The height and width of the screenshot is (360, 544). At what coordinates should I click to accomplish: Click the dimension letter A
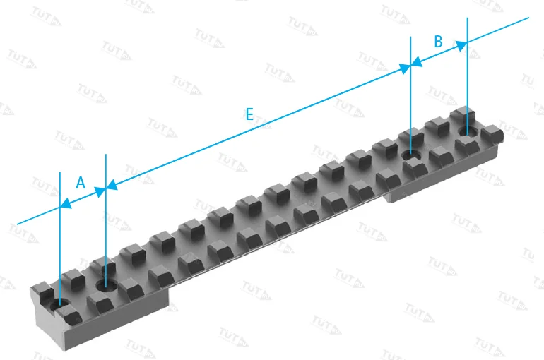(x=81, y=182)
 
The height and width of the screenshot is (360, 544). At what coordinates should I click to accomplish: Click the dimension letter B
(x=438, y=41)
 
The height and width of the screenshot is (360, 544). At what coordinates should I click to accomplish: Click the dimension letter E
(x=249, y=114)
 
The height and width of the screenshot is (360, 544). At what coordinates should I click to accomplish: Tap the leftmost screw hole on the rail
(x=59, y=305)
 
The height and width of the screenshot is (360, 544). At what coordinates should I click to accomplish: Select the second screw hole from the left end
(x=106, y=286)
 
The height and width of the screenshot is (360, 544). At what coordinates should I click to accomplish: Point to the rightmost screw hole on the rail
(x=468, y=132)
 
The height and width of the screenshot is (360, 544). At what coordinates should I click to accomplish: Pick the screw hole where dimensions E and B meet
(x=411, y=155)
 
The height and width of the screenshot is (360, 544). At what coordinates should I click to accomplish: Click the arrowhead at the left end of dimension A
(x=66, y=203)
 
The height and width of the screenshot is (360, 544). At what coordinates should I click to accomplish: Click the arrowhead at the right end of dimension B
(x=461, y=45)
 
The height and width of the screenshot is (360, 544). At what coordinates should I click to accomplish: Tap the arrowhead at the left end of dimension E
(x=112, y=185)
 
